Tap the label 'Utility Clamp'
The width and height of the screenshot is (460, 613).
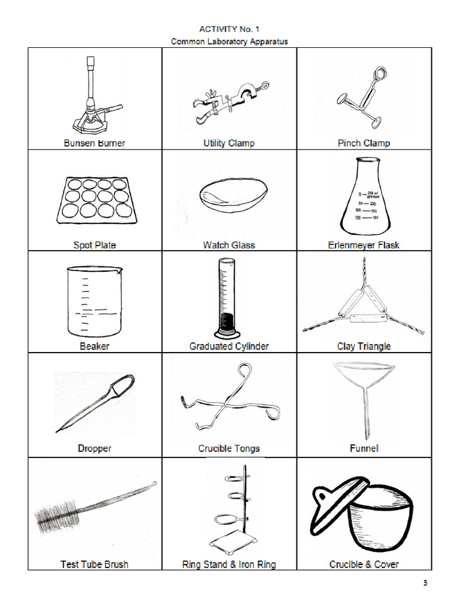coord(229,143)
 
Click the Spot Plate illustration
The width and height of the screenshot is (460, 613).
coord(93,199)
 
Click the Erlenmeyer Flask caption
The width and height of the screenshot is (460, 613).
coord(364,245)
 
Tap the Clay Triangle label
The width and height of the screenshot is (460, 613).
coord(364,346)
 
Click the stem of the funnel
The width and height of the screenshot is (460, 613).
coord(367,413)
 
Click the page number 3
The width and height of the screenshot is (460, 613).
coord(425,584)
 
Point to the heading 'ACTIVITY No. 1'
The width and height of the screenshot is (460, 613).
coord(229,29)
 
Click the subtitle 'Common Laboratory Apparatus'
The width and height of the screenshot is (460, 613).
coord(229,41)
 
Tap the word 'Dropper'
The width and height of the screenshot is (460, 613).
coord(94,448)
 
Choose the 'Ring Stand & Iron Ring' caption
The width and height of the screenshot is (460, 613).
coord(229,564)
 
